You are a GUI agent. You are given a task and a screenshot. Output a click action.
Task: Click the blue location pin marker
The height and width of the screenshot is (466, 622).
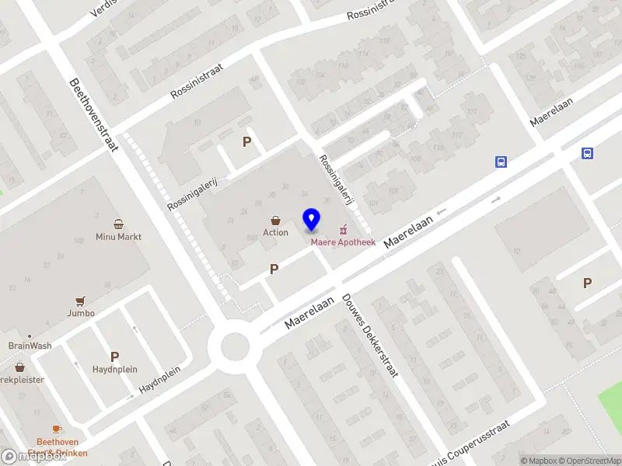(x=311, y=220)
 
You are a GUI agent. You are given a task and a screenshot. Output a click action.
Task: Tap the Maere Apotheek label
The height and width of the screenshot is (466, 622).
(x=343, y=242)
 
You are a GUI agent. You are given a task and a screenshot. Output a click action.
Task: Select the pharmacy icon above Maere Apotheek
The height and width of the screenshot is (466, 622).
(x=343, y=229)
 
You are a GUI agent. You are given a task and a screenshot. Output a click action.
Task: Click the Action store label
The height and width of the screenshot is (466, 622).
(x=275, y=232)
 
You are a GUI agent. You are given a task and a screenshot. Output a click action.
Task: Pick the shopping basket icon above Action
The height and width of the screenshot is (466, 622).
(x=275, y=221)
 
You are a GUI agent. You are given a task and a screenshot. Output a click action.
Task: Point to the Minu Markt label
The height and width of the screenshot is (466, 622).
(x=119, y=236)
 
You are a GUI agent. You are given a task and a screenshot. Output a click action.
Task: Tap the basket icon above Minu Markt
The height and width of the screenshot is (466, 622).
(x=119, y=224)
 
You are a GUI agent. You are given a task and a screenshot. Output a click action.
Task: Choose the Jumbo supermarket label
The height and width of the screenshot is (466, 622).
(x=81, y=313)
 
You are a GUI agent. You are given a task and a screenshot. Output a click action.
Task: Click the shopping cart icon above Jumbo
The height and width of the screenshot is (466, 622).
(x=80, y=301)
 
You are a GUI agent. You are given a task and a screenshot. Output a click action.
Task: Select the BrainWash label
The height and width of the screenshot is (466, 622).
(x=30, y=346)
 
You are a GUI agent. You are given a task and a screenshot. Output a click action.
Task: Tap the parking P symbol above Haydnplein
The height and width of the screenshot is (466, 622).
(x=114, y=356)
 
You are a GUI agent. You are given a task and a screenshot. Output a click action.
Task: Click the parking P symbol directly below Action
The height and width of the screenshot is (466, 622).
(x=274, y=269)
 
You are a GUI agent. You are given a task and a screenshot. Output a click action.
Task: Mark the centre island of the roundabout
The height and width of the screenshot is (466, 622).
(x=234, y=347)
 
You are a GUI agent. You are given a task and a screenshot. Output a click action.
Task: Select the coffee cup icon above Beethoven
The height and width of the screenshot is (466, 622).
(x=56, y=429)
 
